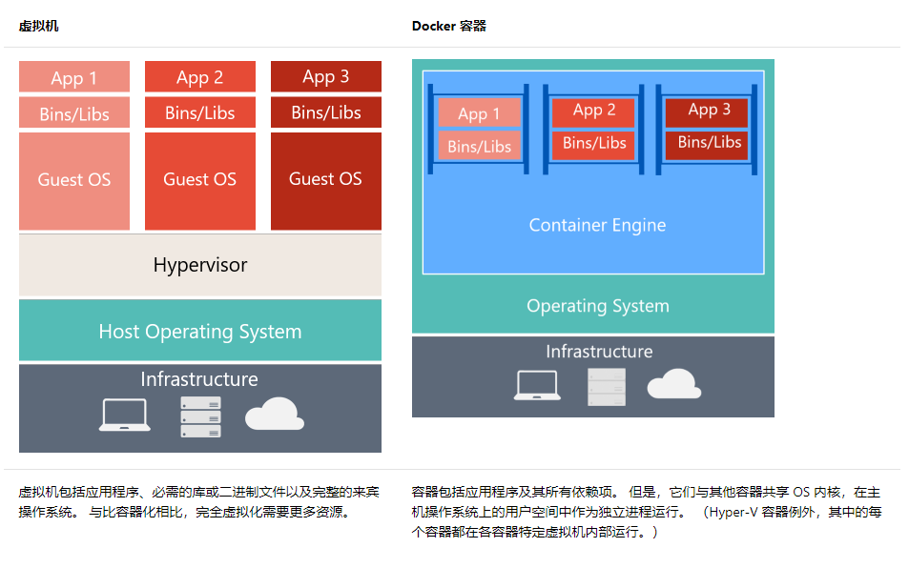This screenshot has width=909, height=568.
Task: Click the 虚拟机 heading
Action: pos(38,26)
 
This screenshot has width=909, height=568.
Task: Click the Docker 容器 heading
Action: pos(448,26)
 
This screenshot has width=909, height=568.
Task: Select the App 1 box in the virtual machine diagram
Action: pos(74,78)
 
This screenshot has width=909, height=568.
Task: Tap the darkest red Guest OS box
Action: pos(325,180)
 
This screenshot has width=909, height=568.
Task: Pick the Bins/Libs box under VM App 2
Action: pos(199,112)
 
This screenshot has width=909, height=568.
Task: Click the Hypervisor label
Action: pos(199,265)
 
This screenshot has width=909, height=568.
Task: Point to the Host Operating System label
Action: pos(199,332)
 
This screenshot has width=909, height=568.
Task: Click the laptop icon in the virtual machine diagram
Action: pos(124,416)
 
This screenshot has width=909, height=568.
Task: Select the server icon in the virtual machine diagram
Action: pos(200,416)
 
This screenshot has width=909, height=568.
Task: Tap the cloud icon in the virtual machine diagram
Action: pos(274,416)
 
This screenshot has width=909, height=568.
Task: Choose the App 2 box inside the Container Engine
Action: pos(594,111)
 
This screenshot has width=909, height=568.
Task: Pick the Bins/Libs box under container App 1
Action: pos(479,147)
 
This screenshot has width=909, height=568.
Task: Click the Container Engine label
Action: pos(597,226)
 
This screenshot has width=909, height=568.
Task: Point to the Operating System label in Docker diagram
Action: pos(597,306)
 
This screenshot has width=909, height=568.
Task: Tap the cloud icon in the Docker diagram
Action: pos(674,384)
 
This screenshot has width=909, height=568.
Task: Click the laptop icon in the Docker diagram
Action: pos(537,385)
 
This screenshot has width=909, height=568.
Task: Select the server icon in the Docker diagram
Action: pos(607,386)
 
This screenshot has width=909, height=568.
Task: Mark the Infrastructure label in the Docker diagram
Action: pos(599,352)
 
